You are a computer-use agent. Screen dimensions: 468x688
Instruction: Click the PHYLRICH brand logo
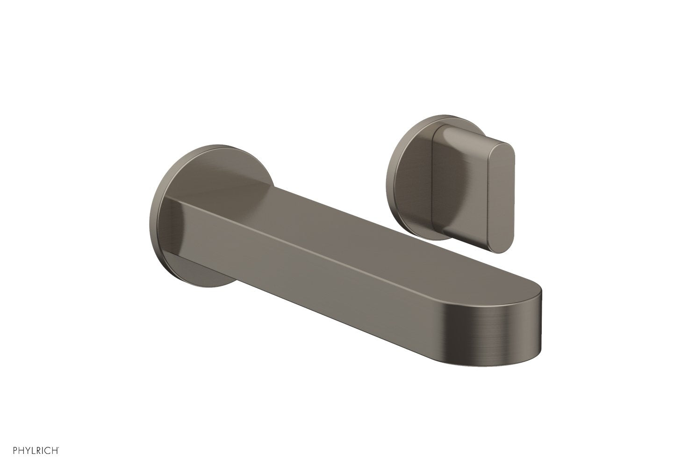pyautogui.click(x=32, y=451)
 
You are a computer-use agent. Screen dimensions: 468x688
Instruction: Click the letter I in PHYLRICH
pyautogui.click(x=39, y=451)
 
